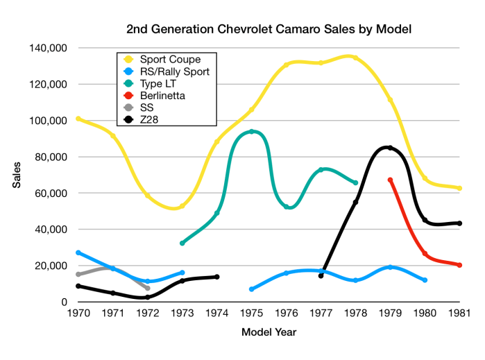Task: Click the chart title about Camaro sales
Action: pyautogui.click(x=269, y=29)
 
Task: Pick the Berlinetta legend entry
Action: pyautogui.click(x=162, y=95)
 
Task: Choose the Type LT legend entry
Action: pyautogui.click(x=160, y=83)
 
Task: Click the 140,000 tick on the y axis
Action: pyautogui.click(x=48, y=48)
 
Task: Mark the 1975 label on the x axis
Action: pyautogui.click(x=251, y=314)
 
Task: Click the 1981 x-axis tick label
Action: pyautogui.click(x=459, y=314)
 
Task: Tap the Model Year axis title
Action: pyautogui.click(x=269, y=332)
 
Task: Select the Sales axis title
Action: pyautogui.click(x=16, y=175)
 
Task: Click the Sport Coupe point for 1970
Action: pyautogui.click(x=78, y=119)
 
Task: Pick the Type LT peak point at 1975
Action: pyautogui.click(x=251, y=131)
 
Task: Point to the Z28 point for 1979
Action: pyautogui.click(x=390, y=148)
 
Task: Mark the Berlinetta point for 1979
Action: pyautogui.click(x=390, y=180)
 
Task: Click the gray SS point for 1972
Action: pyautogui.click(x=148, y=288)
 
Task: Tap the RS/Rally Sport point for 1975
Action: pyautogui.click(x=251, y=289)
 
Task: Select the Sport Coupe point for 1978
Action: pyautogui.click(x=355, y=58)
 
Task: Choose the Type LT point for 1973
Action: pyautogui.click(x=182, y=243)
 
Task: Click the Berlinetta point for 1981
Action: pyautogui.click(x=459, y=265)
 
